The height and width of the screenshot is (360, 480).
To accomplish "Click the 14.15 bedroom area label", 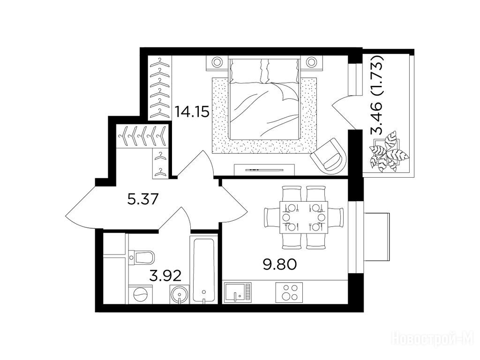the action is (192, 112).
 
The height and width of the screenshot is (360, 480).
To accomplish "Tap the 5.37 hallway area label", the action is (142, 200).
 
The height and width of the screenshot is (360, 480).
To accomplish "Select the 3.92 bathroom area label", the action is (165, 276).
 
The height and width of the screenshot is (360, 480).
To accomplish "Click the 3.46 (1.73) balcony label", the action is (377, 95).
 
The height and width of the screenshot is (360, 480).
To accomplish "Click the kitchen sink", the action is (238, 292).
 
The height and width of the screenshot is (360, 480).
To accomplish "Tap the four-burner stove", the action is (289, 292).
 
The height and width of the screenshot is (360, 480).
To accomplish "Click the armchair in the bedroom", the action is (329, 156).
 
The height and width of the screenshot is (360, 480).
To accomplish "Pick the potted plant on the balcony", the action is (387, 151).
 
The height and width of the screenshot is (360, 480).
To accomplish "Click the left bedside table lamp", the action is (217, 62).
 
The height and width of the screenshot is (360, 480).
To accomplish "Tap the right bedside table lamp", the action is (311, 62).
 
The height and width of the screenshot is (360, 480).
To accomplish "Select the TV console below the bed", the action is (264, 170).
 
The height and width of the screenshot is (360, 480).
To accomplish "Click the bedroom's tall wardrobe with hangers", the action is (160, 88).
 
